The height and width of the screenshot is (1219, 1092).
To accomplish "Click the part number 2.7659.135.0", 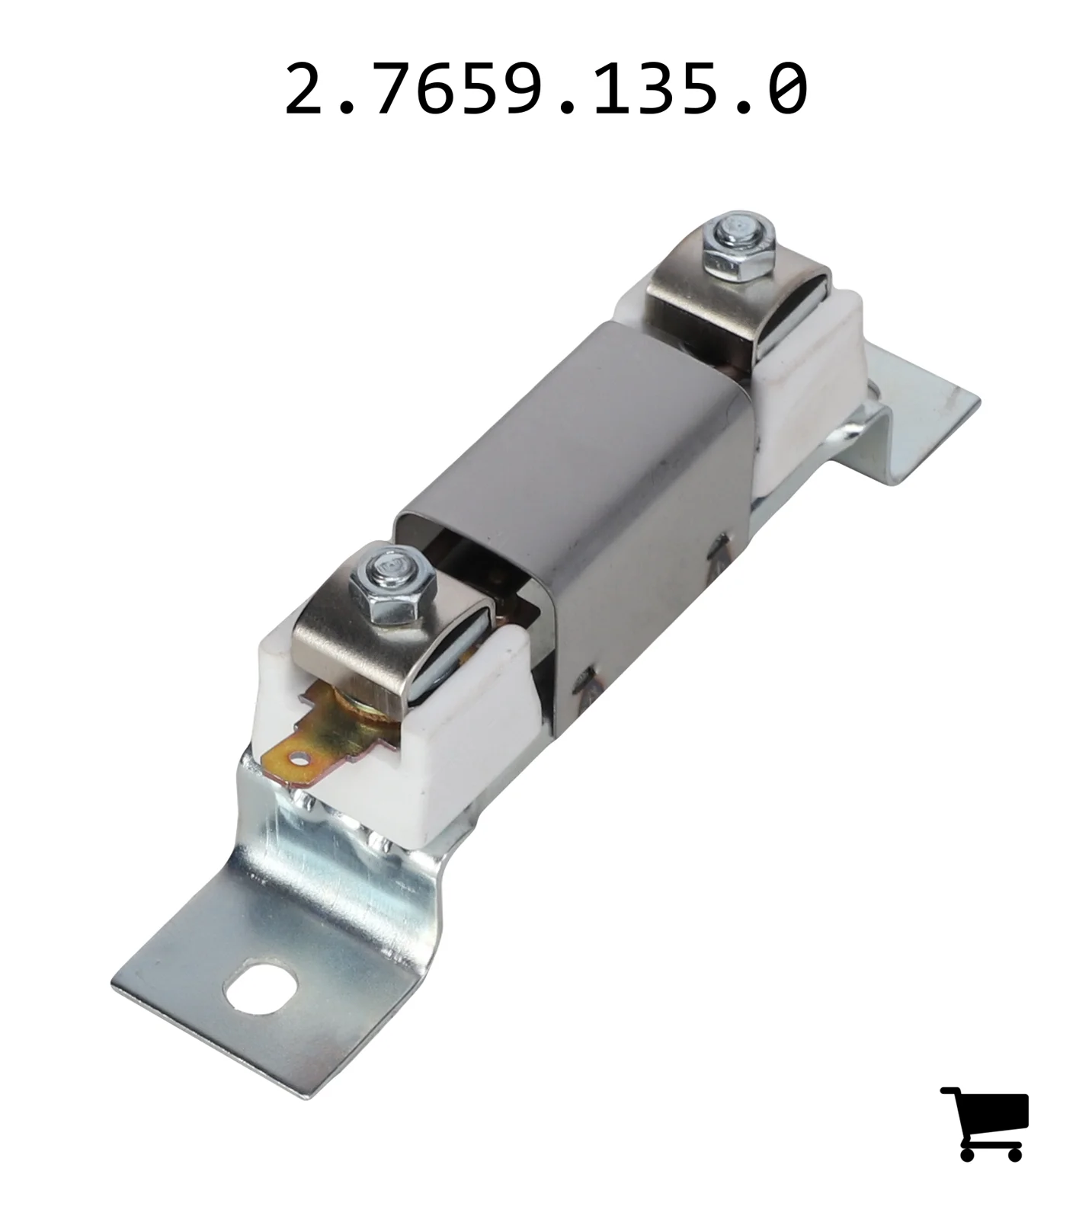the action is click(546, 90).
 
